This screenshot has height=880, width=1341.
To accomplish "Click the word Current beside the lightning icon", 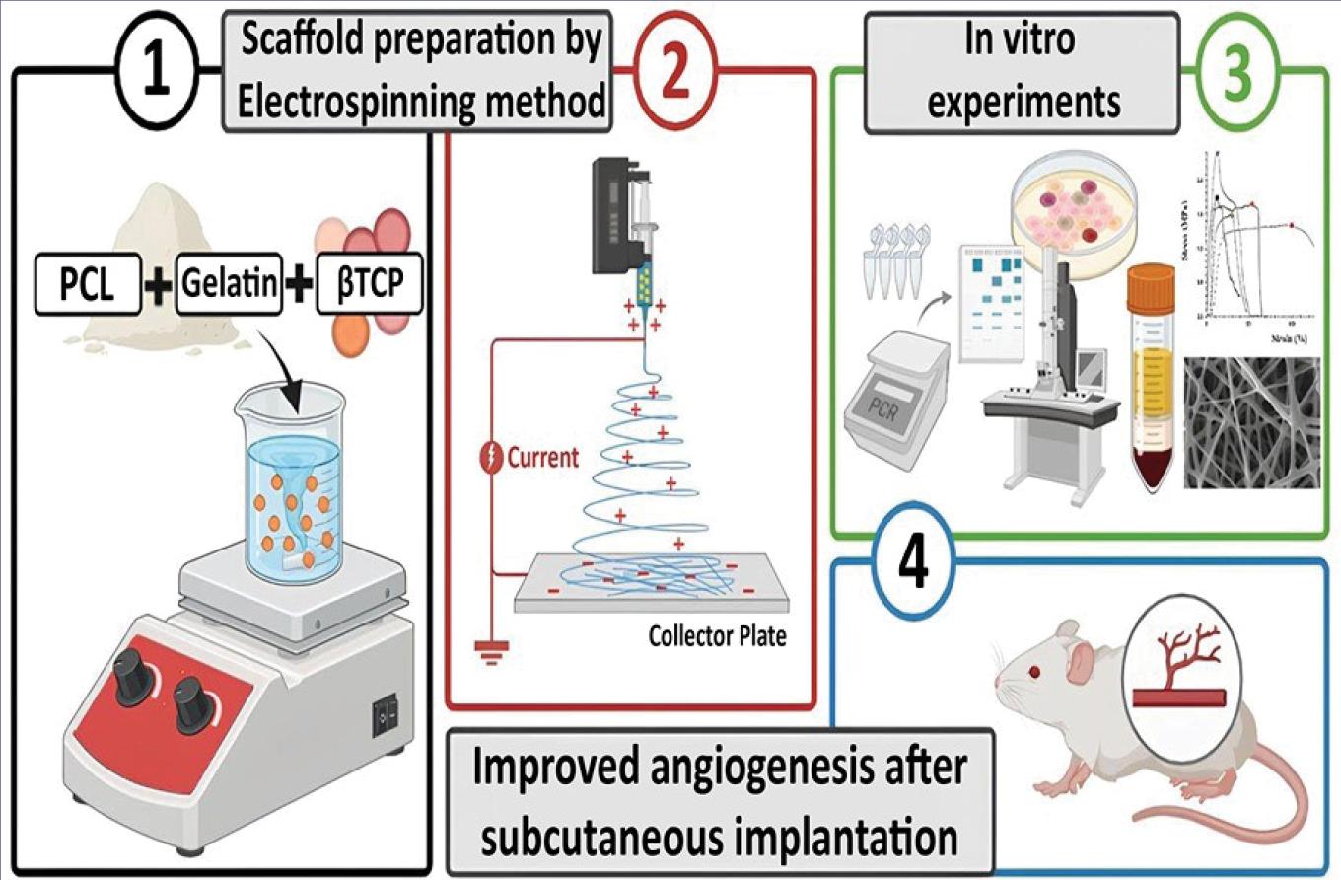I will coord(542,458).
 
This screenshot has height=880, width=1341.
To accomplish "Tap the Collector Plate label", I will coord(717,636).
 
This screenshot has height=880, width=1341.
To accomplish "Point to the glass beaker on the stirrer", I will coord(291,483).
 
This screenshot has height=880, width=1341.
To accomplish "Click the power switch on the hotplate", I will coord(384,719).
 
